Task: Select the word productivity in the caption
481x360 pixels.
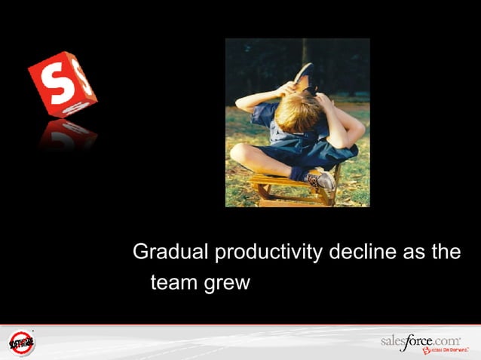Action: (268, 253)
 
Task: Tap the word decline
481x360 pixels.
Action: (363, 252)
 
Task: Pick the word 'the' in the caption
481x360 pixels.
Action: (446, 252)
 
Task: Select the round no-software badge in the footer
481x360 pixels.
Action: (22, 343)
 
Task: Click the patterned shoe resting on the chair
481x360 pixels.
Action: (320, 180)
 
